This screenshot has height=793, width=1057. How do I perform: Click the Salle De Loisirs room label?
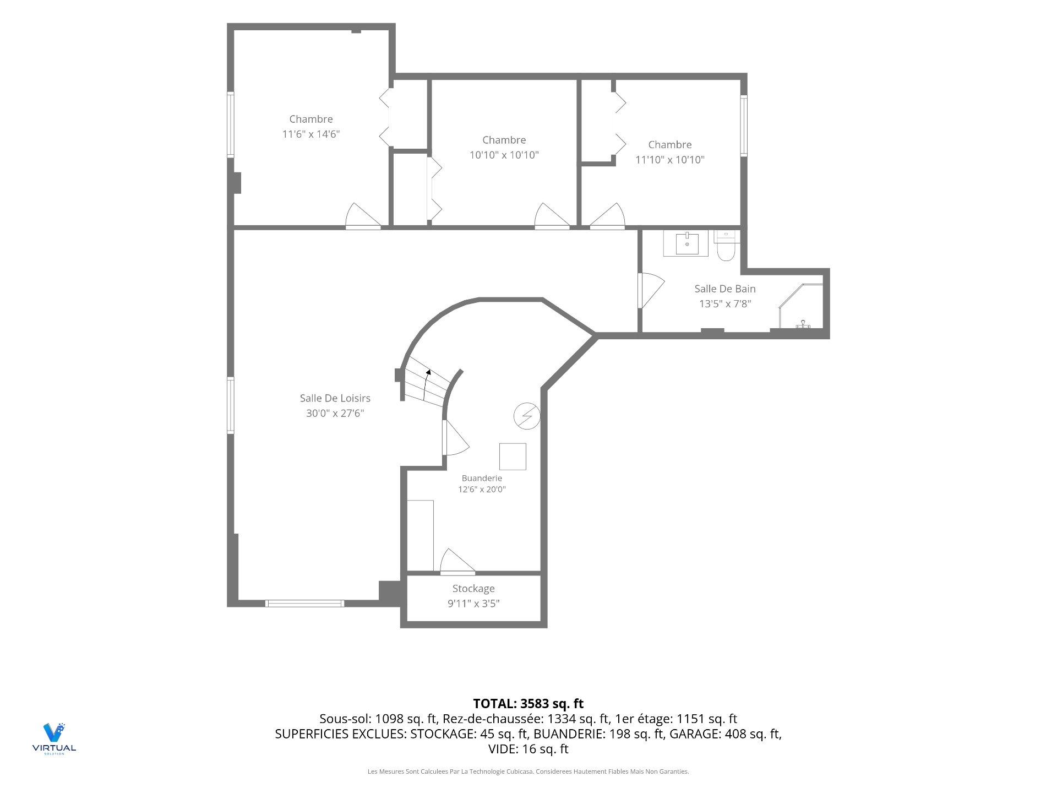[x=335, y=398]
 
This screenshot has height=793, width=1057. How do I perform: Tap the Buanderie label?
[x=482, y=478]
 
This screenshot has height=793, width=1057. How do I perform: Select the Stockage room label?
[x=473, y=589]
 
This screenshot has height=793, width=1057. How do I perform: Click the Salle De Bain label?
[x=725, y=289]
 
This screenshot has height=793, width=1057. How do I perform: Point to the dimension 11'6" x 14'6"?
[x=311, y=134]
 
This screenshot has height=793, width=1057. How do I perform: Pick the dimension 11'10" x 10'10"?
[x=670, y=160]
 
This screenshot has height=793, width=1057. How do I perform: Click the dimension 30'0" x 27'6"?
[x=335, y=413]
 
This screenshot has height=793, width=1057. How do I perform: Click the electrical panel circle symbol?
[x=527, y=416]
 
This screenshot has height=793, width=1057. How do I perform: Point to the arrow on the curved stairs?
[x=426, y=386]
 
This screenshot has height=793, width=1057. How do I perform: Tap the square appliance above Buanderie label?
[x=513, y=456]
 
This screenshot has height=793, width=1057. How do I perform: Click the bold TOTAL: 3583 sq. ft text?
[x=528, y=703]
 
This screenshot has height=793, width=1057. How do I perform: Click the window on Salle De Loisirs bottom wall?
[x=304, y=604]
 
